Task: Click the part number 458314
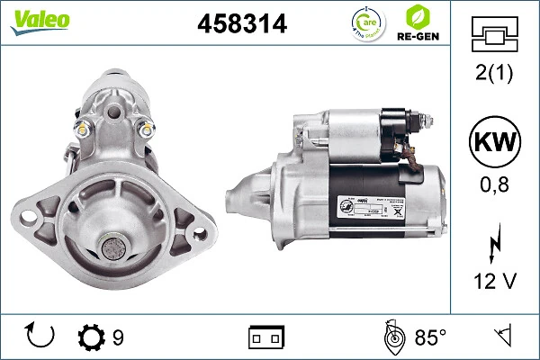pos(242,25)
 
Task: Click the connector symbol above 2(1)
pos(495,34)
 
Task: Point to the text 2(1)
pos(495,75)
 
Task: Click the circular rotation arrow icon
pos(40,337)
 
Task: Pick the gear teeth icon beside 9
pos(92,337)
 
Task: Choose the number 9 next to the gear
pos(119,337)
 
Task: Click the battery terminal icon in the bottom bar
pos(266,337)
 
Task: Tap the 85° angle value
pos(430,337)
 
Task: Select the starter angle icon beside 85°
pos(392,337)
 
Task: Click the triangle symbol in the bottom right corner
pos(501,337)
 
